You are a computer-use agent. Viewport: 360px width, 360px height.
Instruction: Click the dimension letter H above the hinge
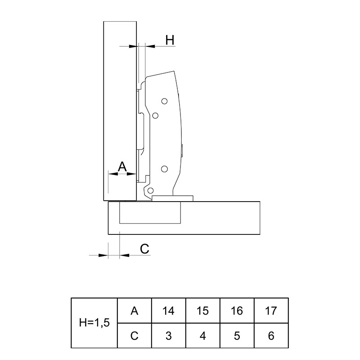(170, 40)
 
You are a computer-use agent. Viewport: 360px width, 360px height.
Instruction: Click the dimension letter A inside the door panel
(122, 166)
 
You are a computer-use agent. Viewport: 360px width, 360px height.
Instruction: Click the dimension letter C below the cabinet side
(144, 248)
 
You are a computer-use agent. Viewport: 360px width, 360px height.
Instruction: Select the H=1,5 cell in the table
(94, 323)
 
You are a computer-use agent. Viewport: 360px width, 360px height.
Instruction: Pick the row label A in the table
(134, 311)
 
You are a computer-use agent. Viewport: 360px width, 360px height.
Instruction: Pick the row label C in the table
(134, 336)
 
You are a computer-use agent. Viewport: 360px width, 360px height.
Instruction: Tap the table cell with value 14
(168, 311)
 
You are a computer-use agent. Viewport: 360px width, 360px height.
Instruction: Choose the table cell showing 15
(203, 311)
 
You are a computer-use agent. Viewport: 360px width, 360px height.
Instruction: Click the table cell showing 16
(237, 311)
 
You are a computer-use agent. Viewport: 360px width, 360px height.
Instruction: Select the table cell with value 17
(271, 311)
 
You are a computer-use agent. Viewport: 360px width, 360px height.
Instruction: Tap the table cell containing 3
(168, 336)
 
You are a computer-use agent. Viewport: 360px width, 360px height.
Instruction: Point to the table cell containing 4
(203, 336)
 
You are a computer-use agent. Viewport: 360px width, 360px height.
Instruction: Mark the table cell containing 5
(237, 336)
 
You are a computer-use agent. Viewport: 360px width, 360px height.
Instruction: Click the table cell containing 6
(271, 336)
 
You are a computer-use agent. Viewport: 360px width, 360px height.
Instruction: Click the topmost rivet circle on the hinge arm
(164, 101)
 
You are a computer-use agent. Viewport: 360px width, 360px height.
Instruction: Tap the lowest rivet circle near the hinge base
(151, 190)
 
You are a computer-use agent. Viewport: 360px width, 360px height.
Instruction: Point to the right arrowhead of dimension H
(150, 46)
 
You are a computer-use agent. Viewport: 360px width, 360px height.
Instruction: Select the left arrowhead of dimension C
(103, 255)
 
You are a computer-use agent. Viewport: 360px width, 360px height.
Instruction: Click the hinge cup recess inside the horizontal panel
(150, 212)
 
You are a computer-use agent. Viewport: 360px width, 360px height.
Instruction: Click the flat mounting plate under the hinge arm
(173, 198)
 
